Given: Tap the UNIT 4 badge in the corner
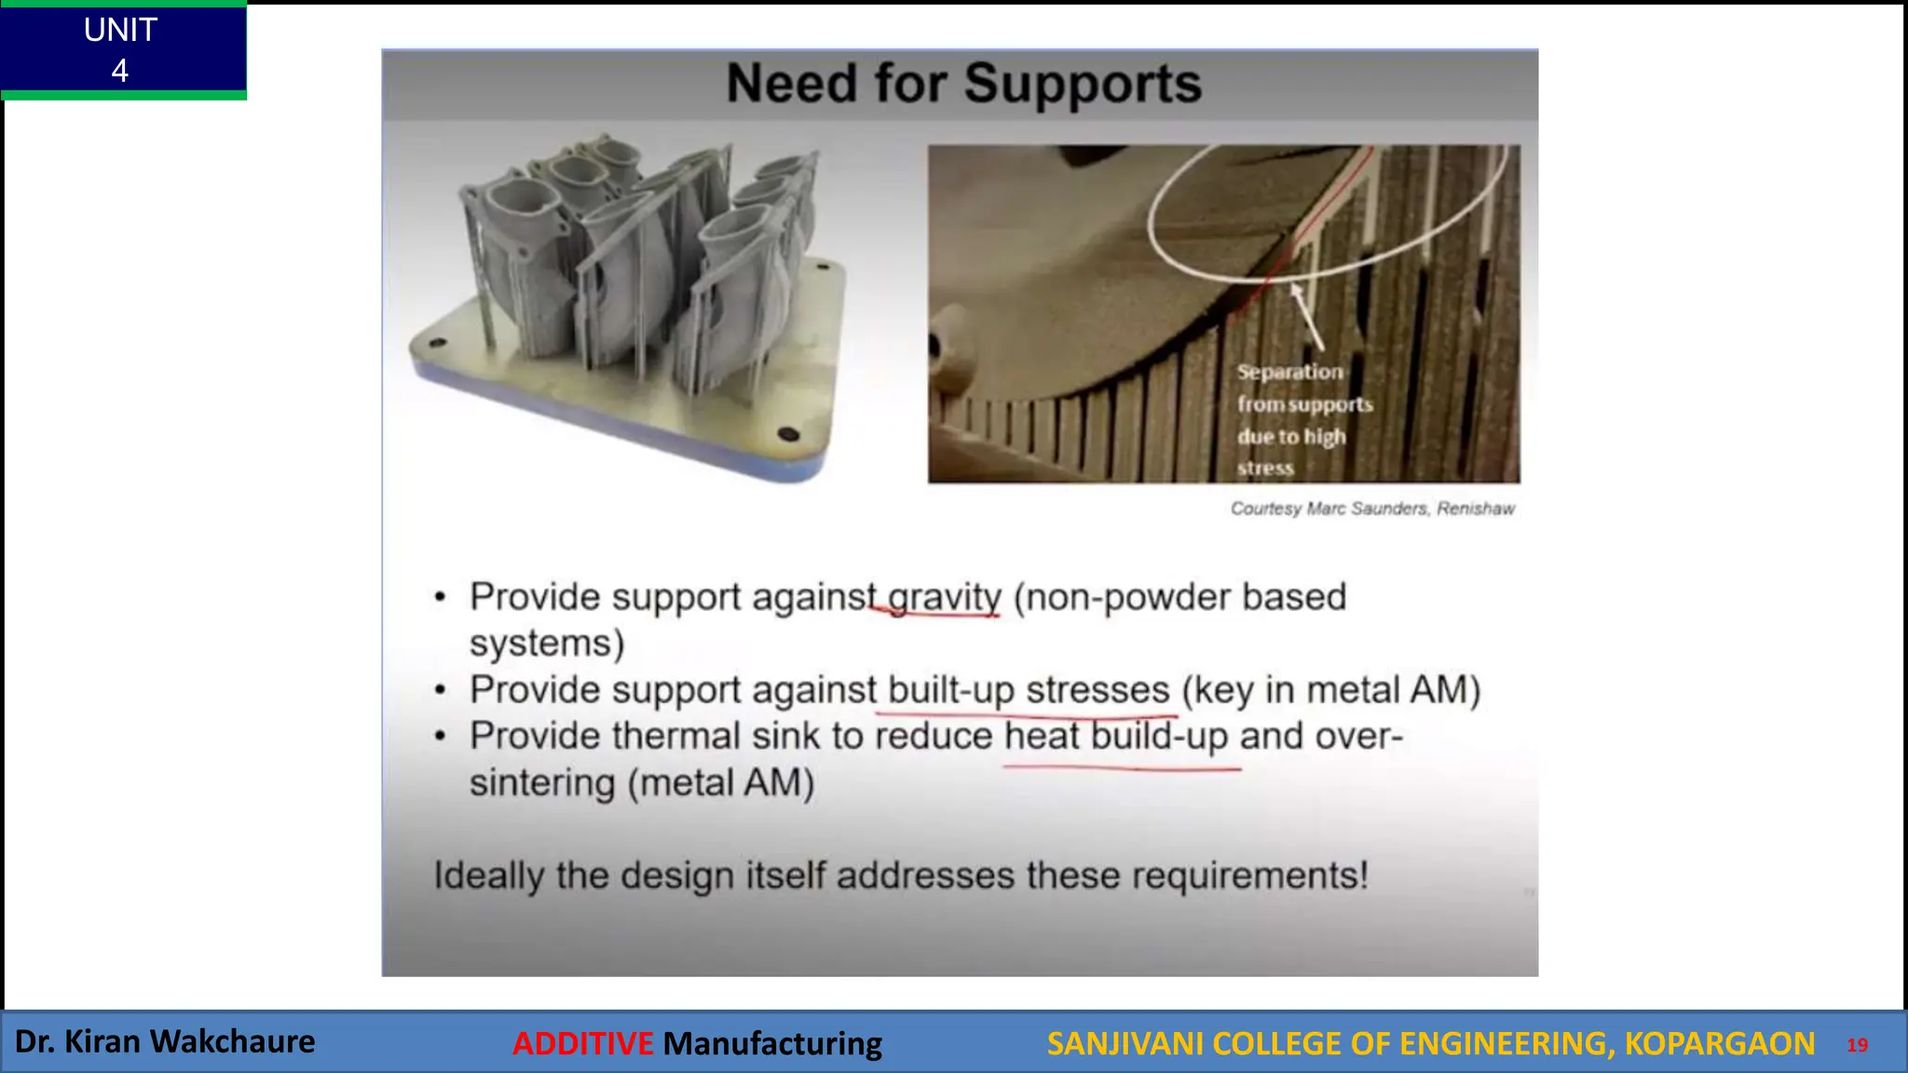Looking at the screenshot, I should (x=121, y=49).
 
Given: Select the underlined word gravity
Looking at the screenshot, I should (x=944, y=597).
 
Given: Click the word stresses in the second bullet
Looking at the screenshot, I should (x=1097, y=690).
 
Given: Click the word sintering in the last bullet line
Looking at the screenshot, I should (x=542, y=782).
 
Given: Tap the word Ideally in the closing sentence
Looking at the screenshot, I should (x=488, y=876).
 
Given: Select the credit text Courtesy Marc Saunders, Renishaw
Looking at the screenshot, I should (x=1371, y=509).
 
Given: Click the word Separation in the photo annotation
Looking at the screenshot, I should (x=1289, y=372).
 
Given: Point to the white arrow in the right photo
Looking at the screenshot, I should (x=1306, y=317).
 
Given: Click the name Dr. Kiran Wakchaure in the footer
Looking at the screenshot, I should (x=165, y=1041).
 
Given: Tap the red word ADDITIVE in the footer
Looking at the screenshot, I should (x=582, y=1043).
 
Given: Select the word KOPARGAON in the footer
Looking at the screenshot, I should (x=1719, y=1043).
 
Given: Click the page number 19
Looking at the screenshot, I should (x=1857, y=1045).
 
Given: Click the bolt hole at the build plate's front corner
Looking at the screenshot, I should (x=787, y=434).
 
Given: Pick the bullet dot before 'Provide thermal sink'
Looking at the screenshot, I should (x=441, y=737).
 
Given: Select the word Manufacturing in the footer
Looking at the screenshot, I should (x=771, y=1043).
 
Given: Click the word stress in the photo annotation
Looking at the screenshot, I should (x=1265, y=469).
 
